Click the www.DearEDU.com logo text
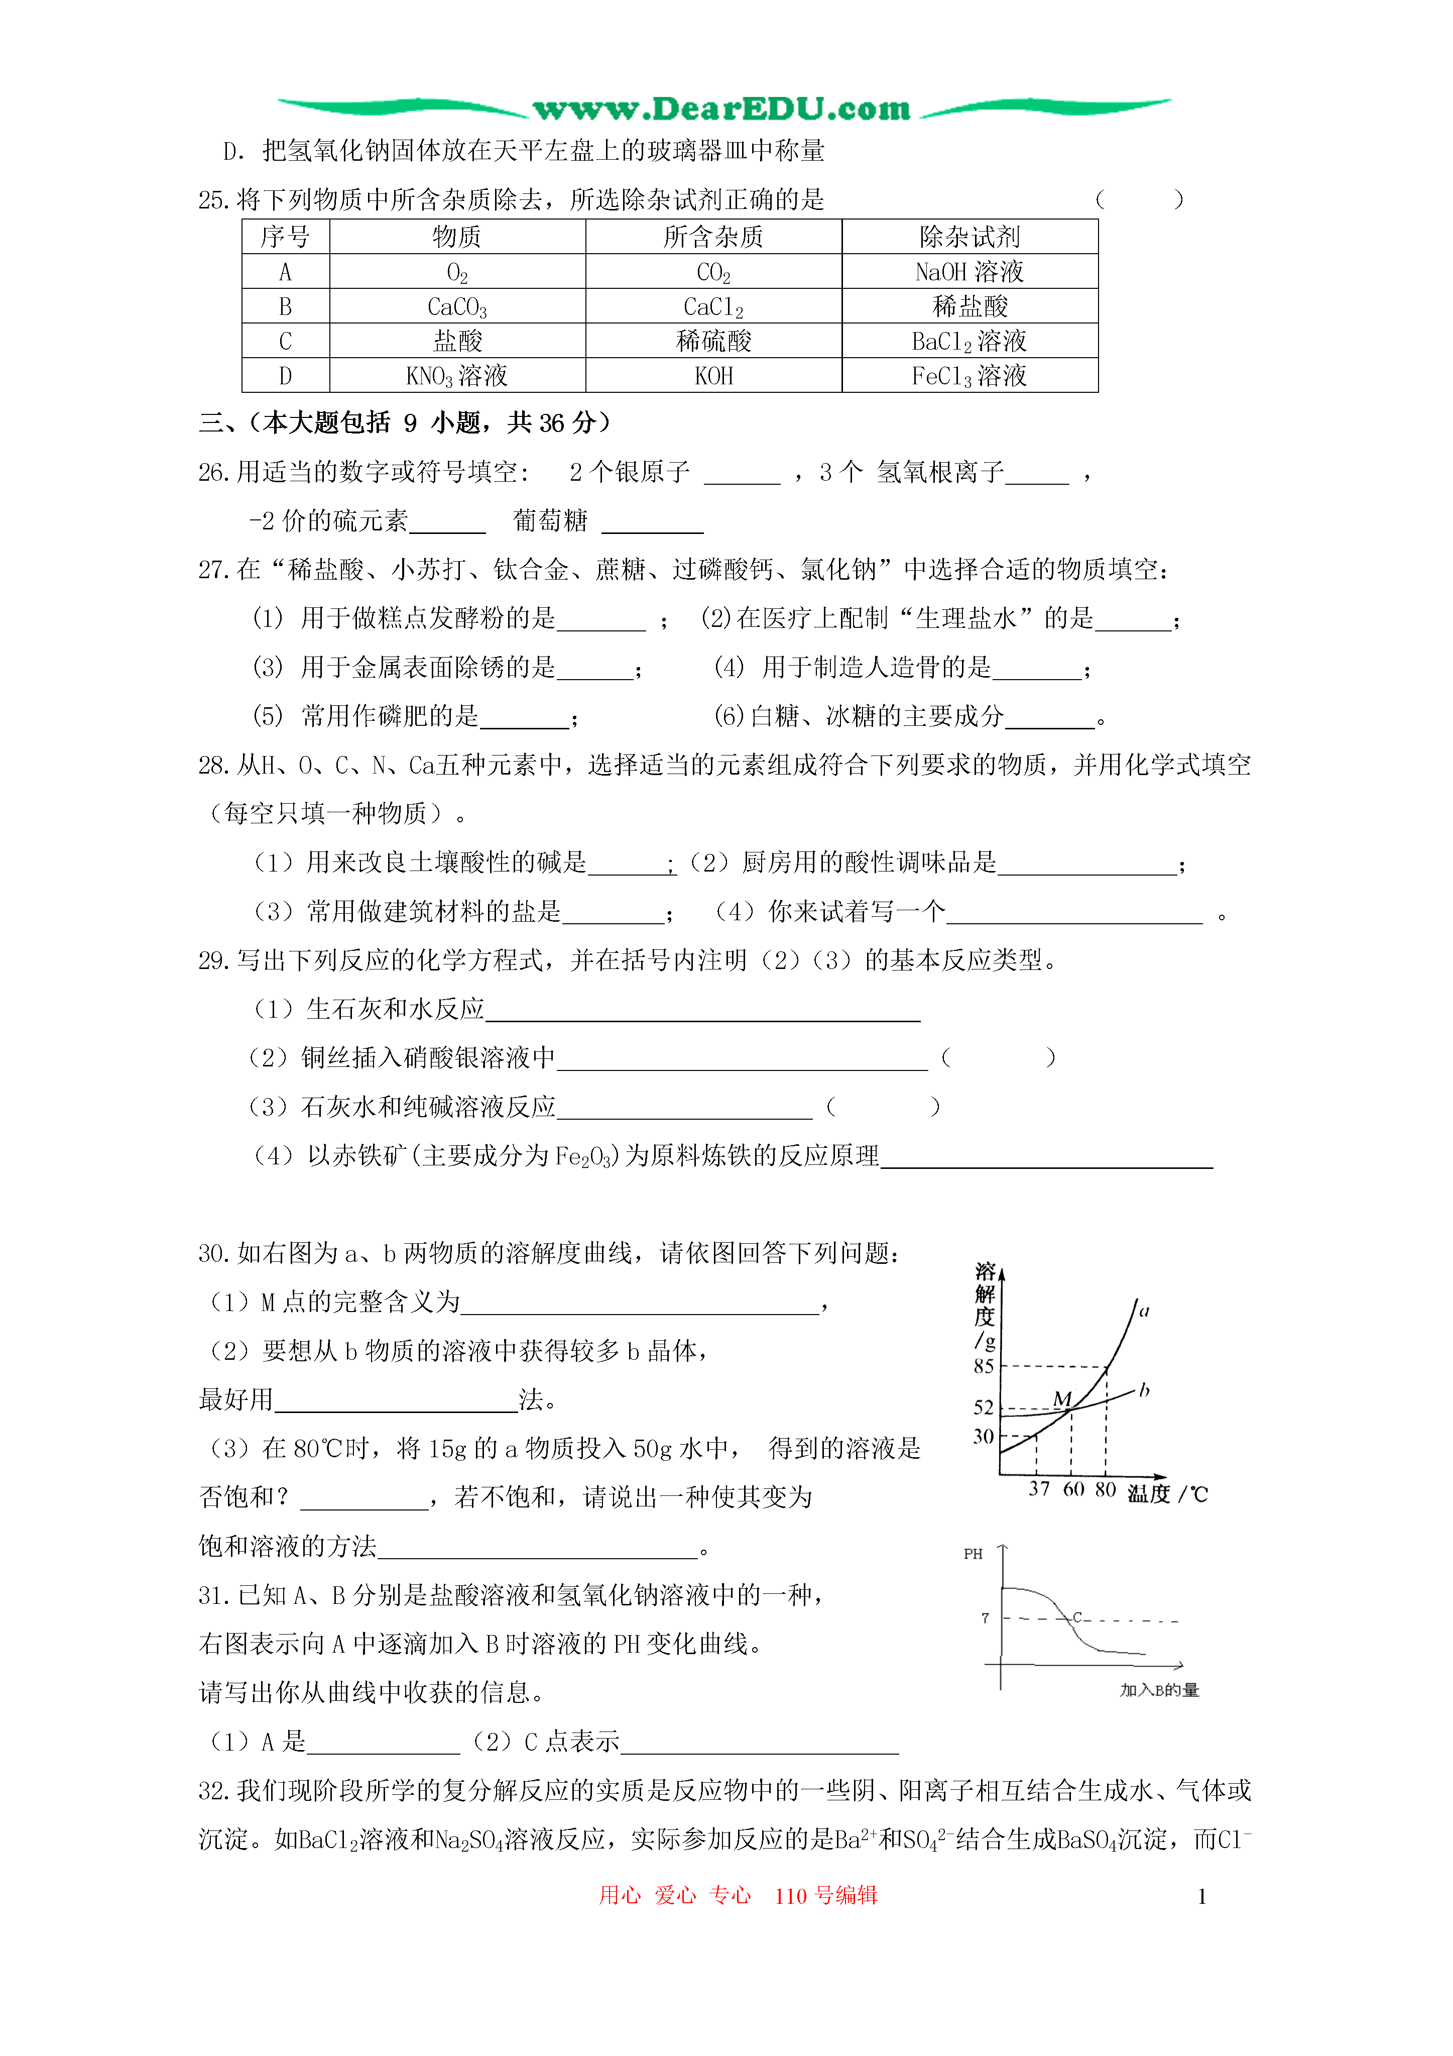[721, 109]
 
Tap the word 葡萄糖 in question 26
[550, 520]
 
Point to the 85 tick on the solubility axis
[984, 1366]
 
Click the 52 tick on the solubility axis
[984, 1408]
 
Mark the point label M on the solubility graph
[1063, 1398]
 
